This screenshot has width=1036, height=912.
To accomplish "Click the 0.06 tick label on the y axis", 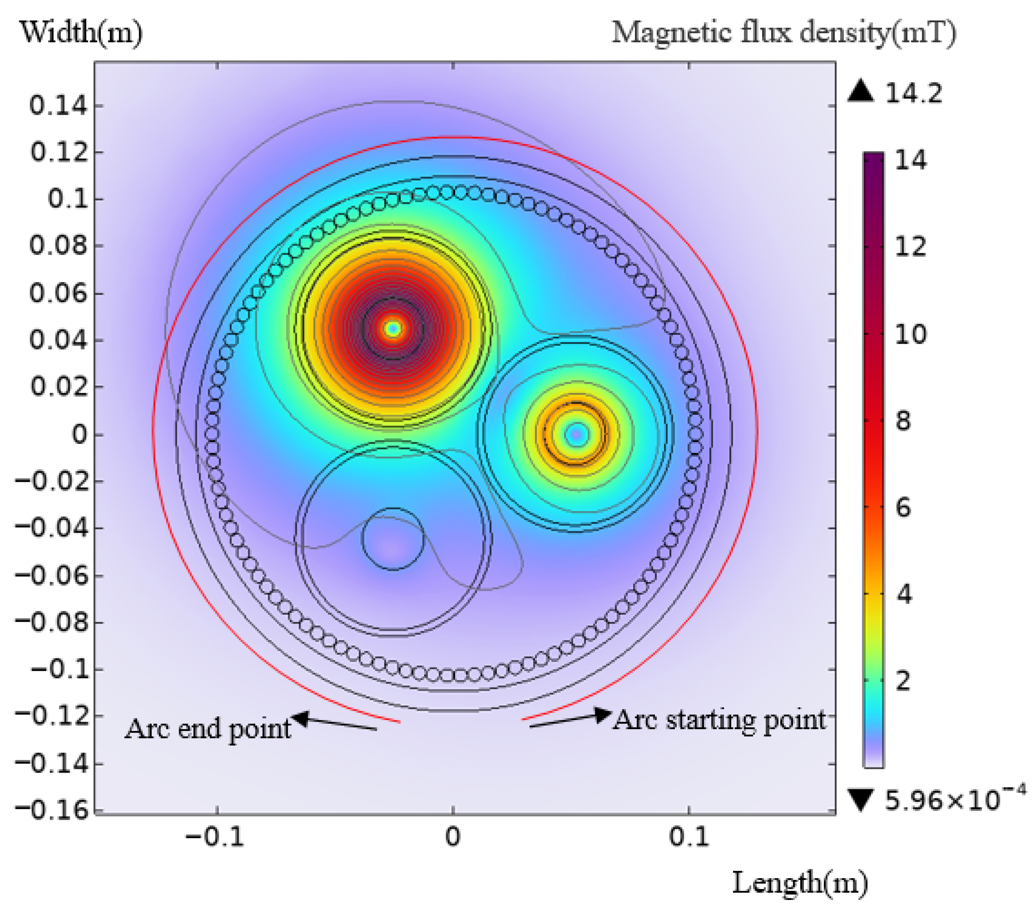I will pyautogui.click(x=58, y=293).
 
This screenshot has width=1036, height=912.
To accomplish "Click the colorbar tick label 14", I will pyautogui.click(x=910, y=160).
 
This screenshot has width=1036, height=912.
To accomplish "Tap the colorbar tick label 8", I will pyautogui.click(x=903, y=421).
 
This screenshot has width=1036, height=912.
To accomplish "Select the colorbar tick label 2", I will pyautogui.click(x=903, y=681).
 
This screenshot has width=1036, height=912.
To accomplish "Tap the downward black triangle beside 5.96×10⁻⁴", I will pyautogui.click(x=861, y=799).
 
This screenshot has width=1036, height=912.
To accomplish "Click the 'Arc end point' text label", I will pyautogui.click(x=208, y=729).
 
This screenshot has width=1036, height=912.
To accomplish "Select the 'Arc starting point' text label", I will pyautogui.click(x=720, y=720).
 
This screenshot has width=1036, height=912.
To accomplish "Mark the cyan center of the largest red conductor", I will pyautogui.click(x=393, y=328).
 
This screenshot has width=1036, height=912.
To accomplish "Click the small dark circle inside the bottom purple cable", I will pyautogui.click(x=393, y=539).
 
